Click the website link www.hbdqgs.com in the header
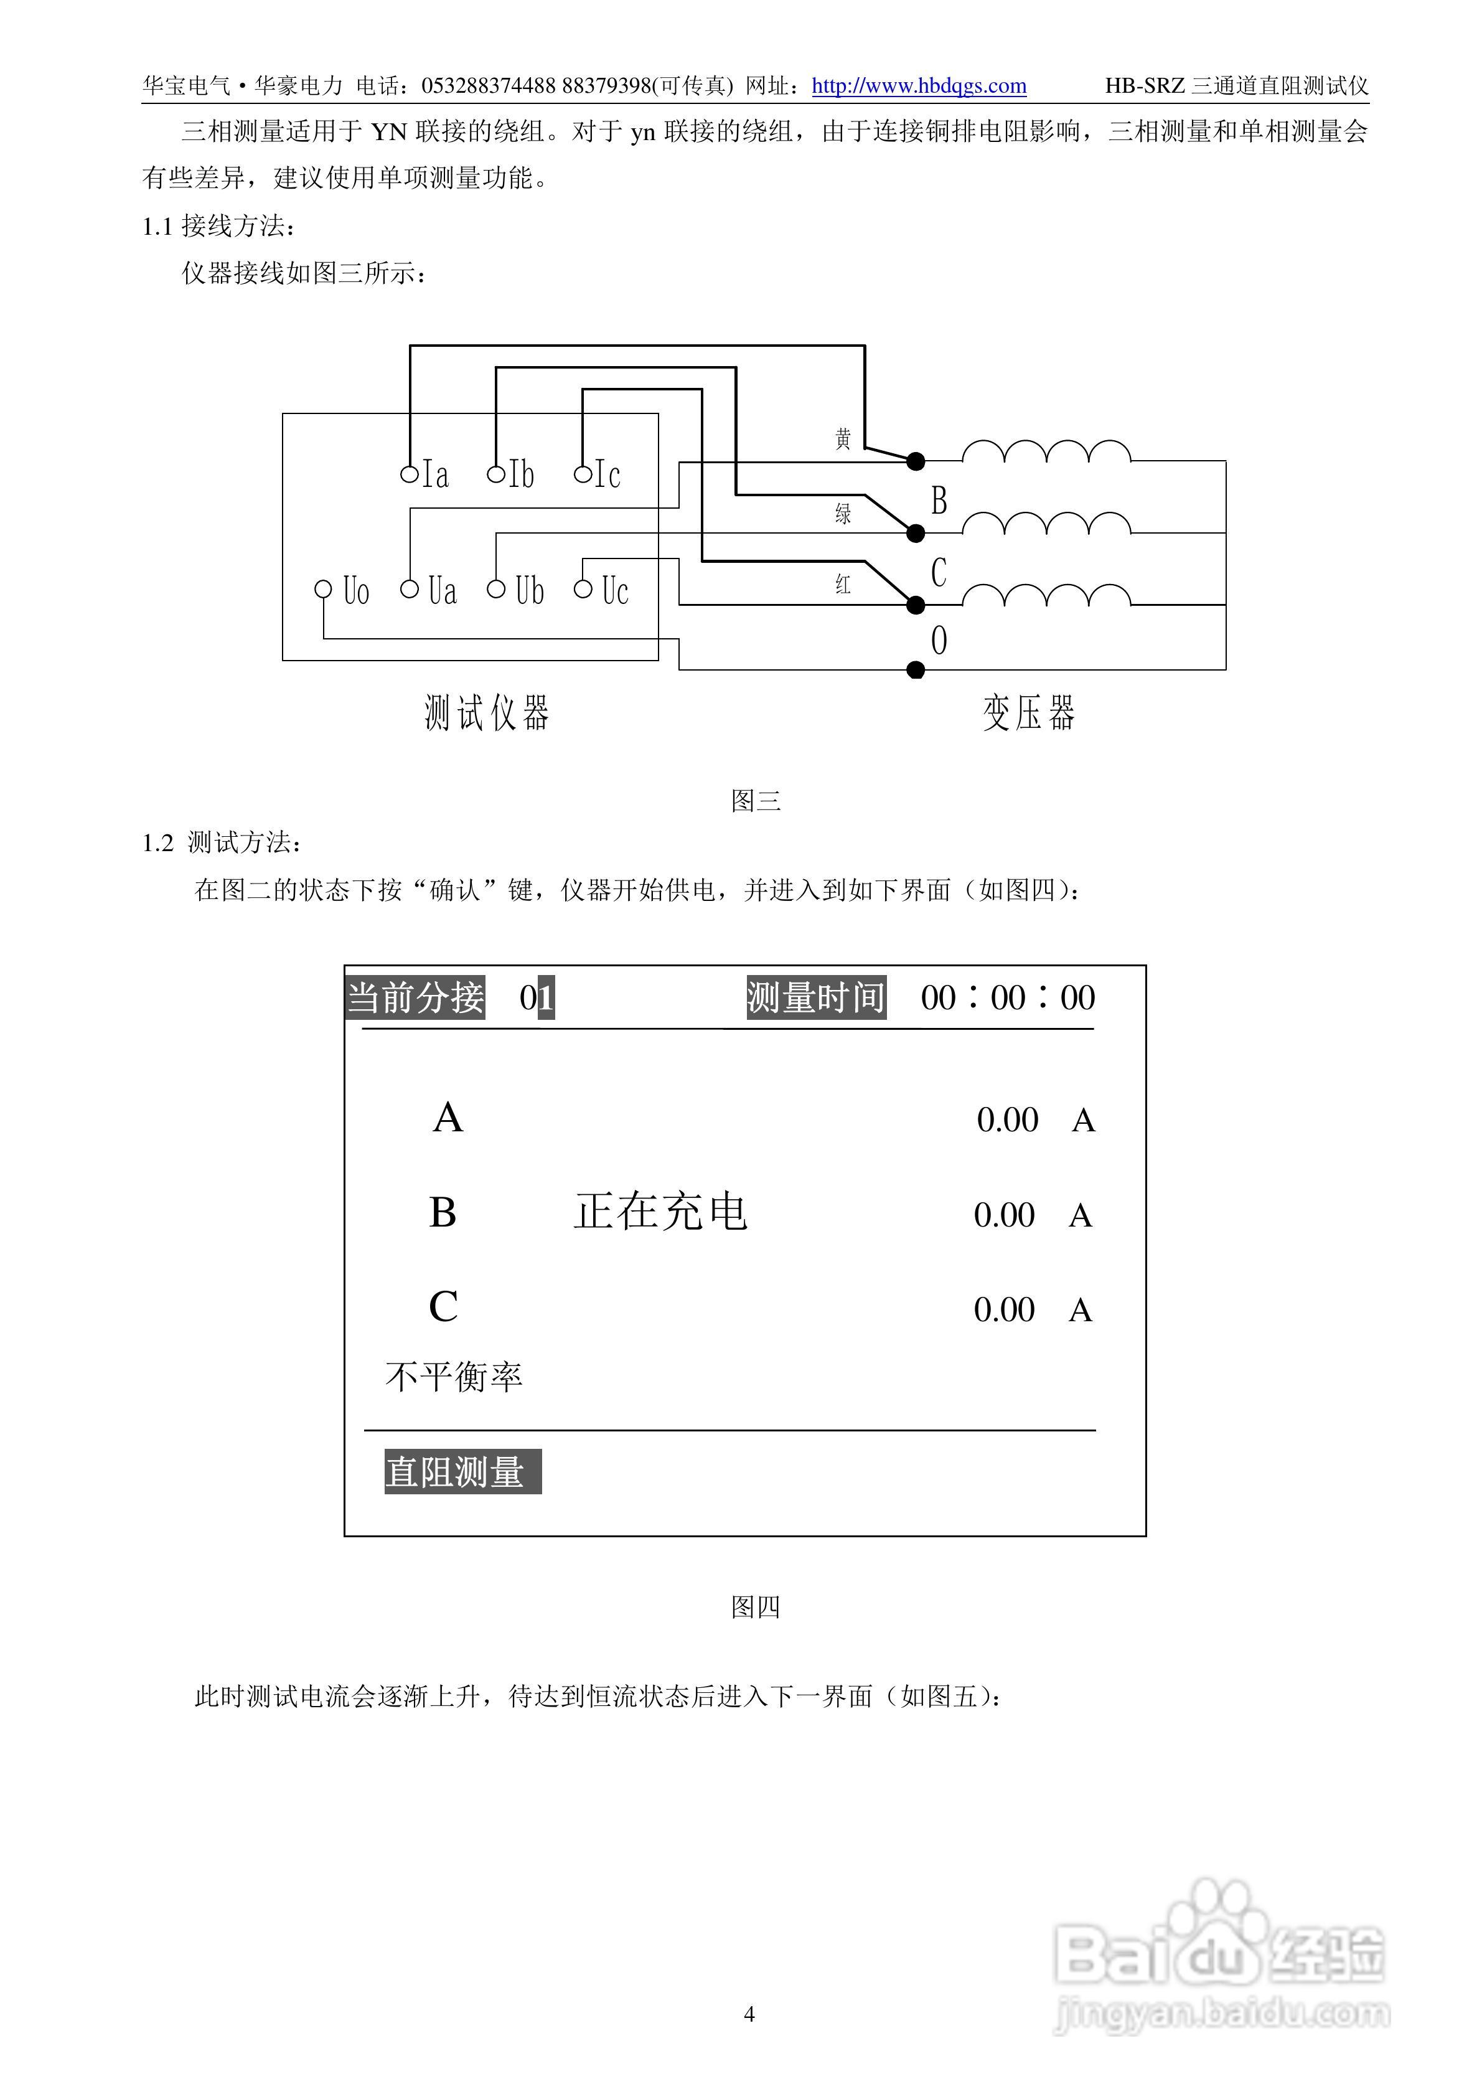(919, 86)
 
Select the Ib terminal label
(522, 474)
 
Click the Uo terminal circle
(323, 589)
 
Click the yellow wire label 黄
(843, 440)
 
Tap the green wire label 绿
(843, 513)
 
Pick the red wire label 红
(843, 585)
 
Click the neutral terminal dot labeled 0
(916, 671)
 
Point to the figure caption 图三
(756, 801)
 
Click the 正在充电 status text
(661, 1212)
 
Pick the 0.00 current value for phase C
(1005, 1310)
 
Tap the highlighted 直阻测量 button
(463, 1471)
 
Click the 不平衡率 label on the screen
(454, 1377)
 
